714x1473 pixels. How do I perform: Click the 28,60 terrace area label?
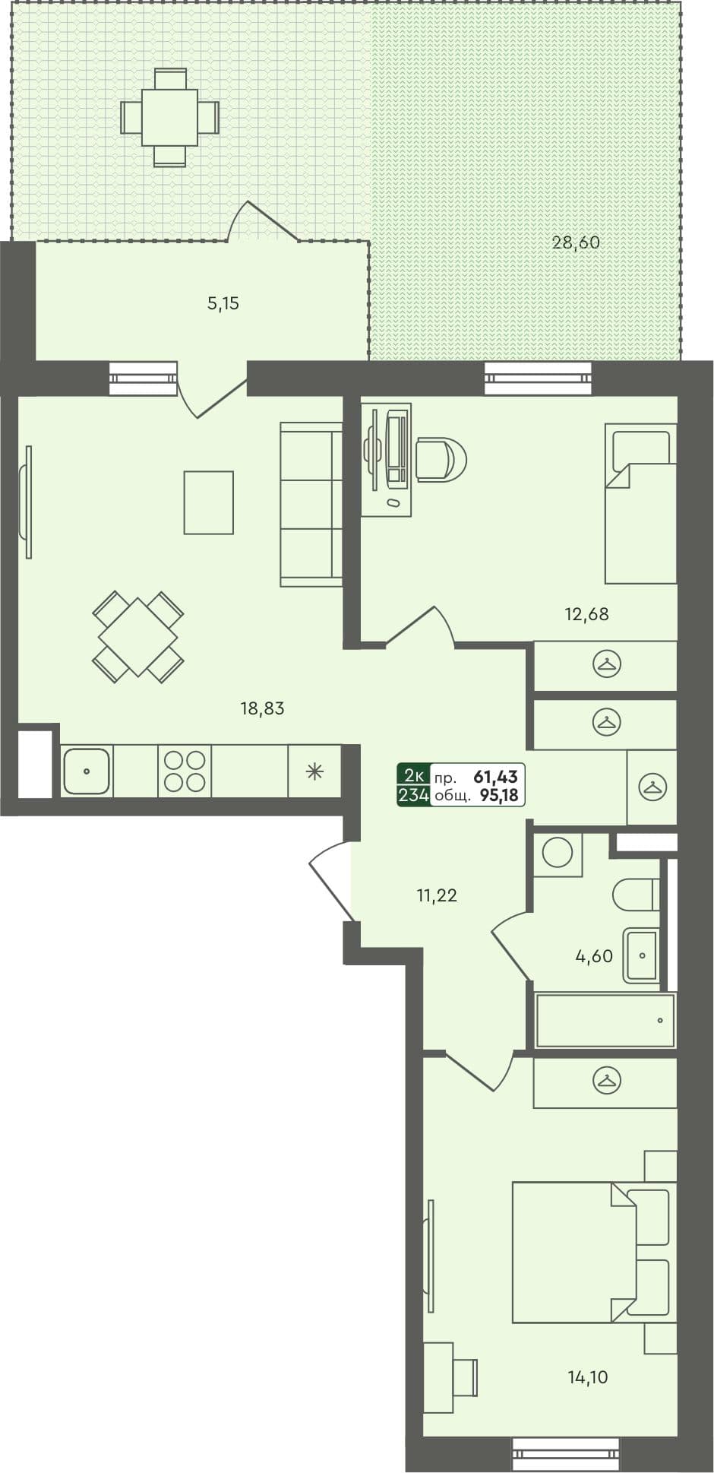576,243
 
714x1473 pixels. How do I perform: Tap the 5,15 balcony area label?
223,304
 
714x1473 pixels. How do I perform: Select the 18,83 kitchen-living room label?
262,708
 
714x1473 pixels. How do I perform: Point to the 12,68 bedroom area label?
586,614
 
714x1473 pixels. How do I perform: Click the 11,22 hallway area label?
437,895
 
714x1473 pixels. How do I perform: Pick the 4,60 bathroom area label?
594,956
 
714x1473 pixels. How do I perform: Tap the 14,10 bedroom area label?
588,1376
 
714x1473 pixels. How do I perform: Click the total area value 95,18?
499,796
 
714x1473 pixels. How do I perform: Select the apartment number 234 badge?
414,796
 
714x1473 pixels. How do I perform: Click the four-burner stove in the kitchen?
185,771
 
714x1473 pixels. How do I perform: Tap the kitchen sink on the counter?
87,771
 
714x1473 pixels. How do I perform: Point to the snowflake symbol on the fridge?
314,771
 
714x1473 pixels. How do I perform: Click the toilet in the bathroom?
637,895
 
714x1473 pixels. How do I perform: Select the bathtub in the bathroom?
605,1020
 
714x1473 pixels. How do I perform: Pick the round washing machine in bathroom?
558,853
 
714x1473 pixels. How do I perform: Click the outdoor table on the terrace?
169,117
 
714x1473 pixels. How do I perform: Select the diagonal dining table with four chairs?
138,636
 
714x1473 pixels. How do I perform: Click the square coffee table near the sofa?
208,502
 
